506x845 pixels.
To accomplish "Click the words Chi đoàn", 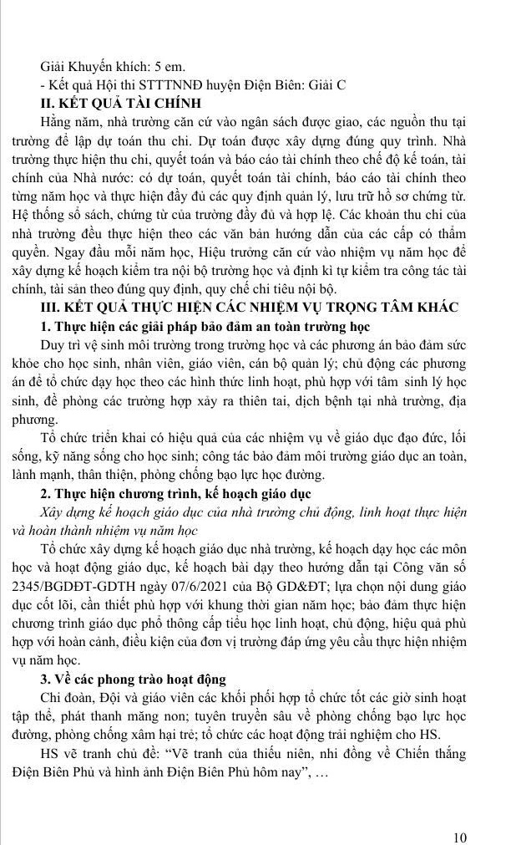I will [67, 695].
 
